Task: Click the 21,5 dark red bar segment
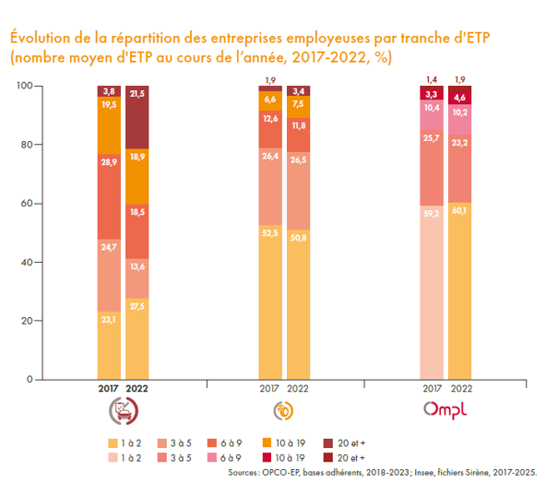(x=137, y=117)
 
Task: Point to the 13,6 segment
(x=137, y=265)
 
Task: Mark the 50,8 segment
(x=298, y=304)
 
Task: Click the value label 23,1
(x=109, y=318)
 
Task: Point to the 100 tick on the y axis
(x=25, y=86)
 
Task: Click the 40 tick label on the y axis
(x=28, y=262)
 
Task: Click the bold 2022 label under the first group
(x=137, y=390)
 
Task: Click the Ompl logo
(x=445, y=408)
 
